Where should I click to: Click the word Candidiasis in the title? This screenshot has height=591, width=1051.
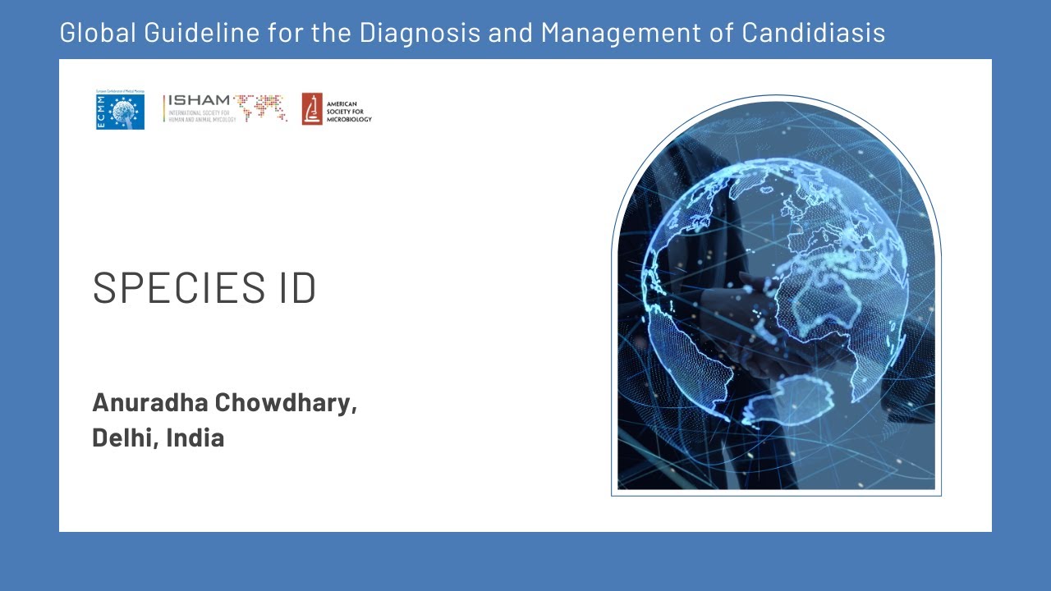813,33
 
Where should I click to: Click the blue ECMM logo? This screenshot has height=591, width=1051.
120,111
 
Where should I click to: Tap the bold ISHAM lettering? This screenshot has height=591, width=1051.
200,100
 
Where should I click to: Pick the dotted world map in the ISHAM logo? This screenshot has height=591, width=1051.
260,108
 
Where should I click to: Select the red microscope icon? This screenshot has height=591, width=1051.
312,108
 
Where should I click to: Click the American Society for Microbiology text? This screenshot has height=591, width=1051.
349,112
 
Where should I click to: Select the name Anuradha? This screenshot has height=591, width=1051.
149,403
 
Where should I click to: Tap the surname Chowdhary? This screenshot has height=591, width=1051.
285,403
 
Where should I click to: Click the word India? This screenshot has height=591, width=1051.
195,438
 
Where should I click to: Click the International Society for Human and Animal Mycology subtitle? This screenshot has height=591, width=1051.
202,117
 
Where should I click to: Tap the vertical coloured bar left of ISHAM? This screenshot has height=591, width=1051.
164,108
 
